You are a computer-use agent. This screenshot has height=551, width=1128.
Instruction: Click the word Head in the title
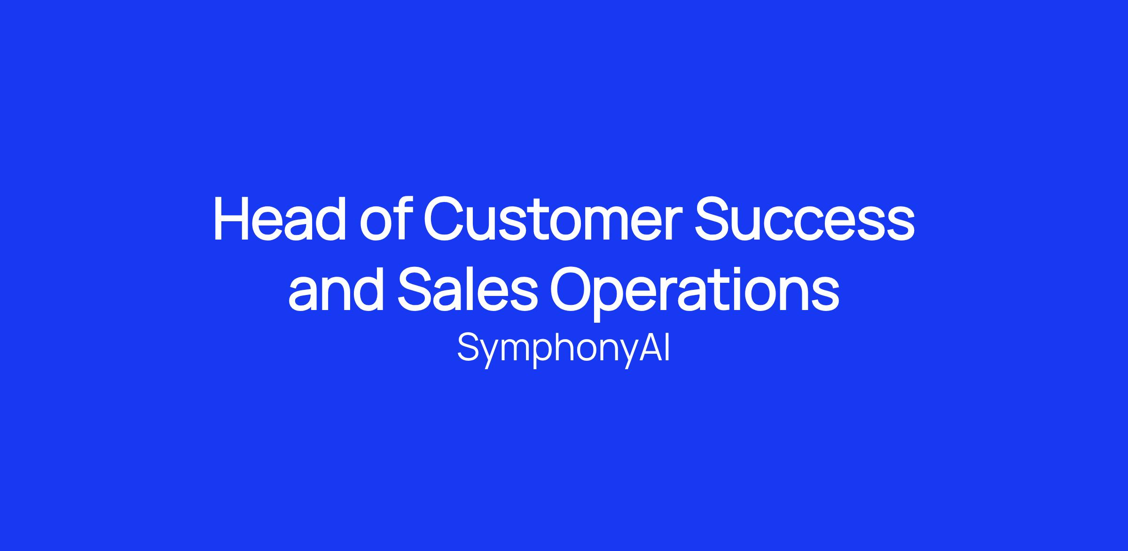click(x=281, y=219)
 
